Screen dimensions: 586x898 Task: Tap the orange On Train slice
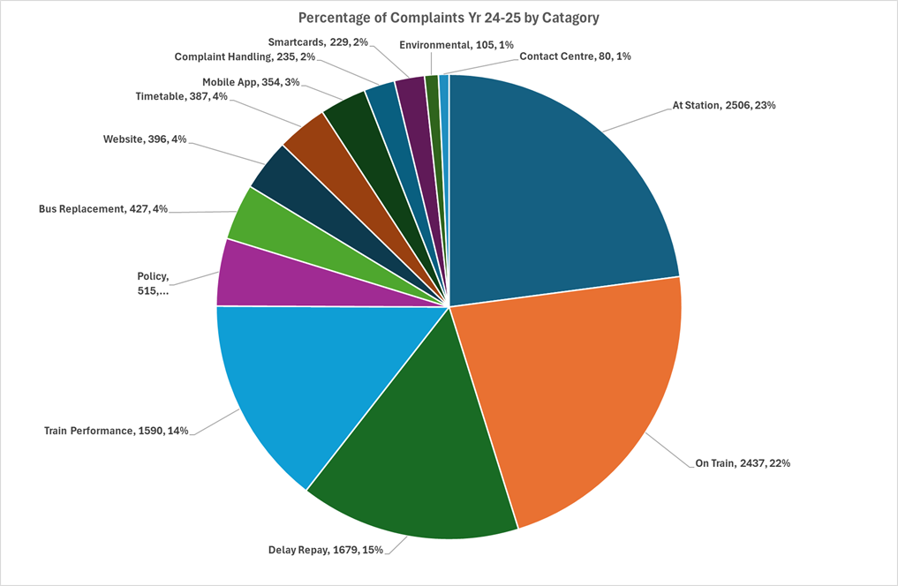(x=574, y=397)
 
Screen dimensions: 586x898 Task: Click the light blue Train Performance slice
(x=291, y=379)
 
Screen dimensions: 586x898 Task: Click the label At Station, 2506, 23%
(x=724, y=105)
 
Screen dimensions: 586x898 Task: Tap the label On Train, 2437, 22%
(x=737, y=462)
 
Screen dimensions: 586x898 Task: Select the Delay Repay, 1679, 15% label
(x=326, y=550)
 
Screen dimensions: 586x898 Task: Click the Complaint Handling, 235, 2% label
(x=244, y=56)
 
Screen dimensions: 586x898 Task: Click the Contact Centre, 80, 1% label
(x=575, y=56)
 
